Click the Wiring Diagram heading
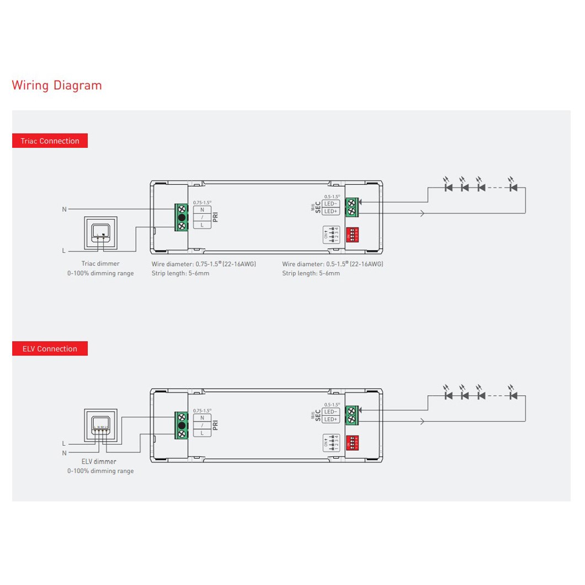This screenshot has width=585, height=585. click(57, 86)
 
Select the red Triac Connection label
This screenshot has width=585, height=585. click(50, 141)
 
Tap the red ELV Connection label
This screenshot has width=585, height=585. click(50, 349)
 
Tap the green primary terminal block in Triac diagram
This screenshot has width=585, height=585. click(182, 217)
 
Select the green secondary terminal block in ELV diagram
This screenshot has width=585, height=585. click(352, 415)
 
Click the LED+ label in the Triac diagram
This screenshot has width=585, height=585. click(331, 211)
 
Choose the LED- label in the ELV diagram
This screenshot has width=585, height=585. click(331, 412)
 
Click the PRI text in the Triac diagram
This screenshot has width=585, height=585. click(216, 216)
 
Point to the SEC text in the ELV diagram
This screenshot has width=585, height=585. click(318, 415)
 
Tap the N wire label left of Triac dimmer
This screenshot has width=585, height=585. click(64, 210)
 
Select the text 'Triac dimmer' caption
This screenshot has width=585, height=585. click(100, 264)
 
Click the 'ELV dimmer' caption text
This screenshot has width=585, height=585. click(99, 461)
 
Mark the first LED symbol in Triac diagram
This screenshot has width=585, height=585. click(448, 187)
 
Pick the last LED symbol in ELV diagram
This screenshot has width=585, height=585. click(513, 395)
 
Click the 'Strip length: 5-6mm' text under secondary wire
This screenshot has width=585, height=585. click(311, 273)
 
